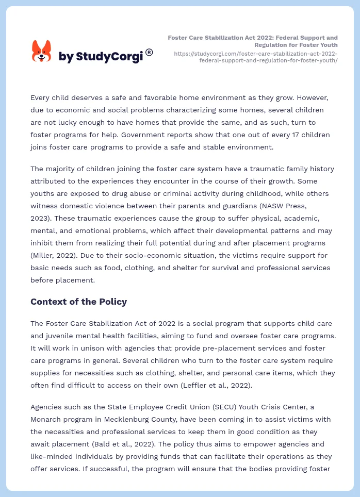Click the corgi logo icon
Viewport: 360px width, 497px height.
coord(42,51)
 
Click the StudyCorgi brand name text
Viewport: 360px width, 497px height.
coord(101,57)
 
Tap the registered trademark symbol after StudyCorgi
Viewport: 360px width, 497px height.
coord(149,52)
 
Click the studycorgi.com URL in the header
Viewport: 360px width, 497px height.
coord(256,57)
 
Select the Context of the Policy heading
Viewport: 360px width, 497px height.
coord(78,302)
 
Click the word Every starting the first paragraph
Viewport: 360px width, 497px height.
coord(41,98)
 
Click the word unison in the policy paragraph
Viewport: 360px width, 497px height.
coord(84,348)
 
